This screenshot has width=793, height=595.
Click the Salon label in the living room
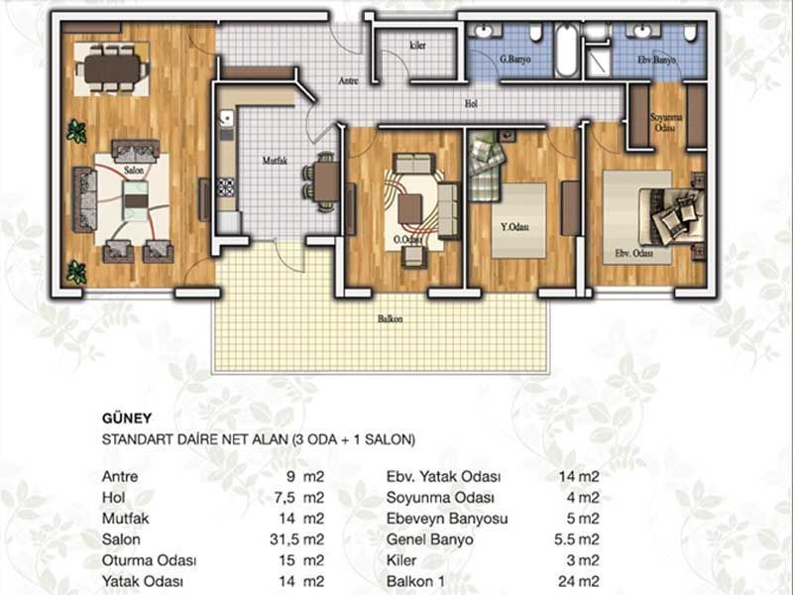pyautogui.click(x=135, y=170)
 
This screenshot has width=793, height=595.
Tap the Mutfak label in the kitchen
pyautogui.click(x=275, y=161)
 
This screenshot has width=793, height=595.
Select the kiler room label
pyautogui.click(x=417, y=45)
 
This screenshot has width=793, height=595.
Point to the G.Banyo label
pyautogui.click(x=515, y=59)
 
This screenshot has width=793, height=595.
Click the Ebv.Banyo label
pyautogui.click(x=656, y=59)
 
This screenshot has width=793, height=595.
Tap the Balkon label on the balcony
pyautogui.click(x=391, y=319)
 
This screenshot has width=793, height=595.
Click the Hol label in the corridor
pyautogui.click(x=471, y=104)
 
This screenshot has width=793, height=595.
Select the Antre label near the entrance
pyautogui.click(x=348, y=80)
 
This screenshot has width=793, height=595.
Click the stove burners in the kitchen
pyautogui.click(x=226, y=186)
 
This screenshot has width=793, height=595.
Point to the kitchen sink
pyautogui.click(x=226, y=120)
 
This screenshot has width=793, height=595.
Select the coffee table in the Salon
pyautogui.click(x=136, y=200)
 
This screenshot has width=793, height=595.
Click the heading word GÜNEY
pyautogui.click(x=127, y=417)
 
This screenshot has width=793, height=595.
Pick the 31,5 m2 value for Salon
pyautogui.click(x=296, y=539)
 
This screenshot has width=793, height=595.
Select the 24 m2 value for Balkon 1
pyautogui.click(x=579, y=581)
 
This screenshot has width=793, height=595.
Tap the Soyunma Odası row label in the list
pyautogui.click(x=440, y=498)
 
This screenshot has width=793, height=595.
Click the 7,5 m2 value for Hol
pyautogui.click(x=299, y=498)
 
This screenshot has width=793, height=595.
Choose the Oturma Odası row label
pyautogui.click(x=149, y=560)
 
